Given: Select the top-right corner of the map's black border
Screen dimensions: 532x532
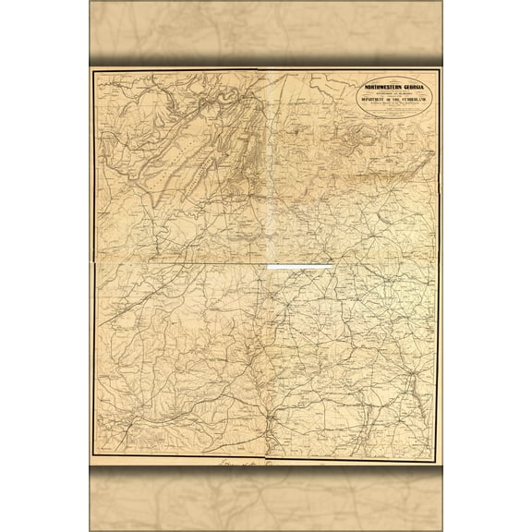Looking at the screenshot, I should click(441, 70).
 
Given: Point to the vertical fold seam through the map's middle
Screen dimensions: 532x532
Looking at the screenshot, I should click(269, 351).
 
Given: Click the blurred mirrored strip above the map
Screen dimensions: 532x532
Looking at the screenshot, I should click(266, 32).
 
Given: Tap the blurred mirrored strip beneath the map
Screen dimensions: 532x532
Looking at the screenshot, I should click(266, 499).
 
